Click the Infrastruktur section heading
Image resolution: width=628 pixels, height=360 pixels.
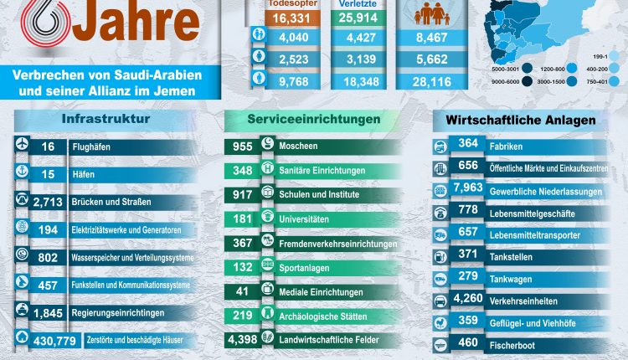(106, 119)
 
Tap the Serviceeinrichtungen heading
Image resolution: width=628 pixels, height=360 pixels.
(313, 119)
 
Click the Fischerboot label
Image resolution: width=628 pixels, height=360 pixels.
(520, 343)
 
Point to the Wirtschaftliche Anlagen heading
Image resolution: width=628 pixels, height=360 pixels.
(526, 120)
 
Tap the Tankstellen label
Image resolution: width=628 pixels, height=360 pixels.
(513, 253)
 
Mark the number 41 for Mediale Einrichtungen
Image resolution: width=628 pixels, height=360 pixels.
(242, 292)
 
